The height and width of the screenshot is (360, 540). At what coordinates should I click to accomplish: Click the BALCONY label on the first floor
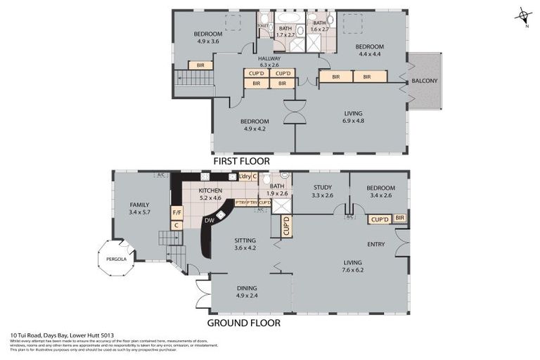[x=424, y=81]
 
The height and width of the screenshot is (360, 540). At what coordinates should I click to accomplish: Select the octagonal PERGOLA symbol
[x=114, y=259]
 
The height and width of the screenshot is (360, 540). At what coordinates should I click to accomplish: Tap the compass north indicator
[x=521, y=15]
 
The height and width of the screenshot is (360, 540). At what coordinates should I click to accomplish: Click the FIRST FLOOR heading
[x=242, y=161]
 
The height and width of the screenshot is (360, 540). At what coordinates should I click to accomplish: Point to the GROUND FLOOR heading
[x=243, y=323]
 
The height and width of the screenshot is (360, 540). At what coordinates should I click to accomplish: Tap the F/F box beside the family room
[x=176, y=212]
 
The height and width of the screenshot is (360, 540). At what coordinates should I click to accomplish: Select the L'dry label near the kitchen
[x=245, y=176]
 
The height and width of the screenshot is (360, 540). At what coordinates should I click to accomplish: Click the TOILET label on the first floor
[x=263, y=27]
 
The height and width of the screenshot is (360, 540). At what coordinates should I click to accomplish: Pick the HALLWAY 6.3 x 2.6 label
[x=269, y=62]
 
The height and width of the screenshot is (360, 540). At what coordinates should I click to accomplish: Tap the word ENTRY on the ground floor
[x=376, y=244]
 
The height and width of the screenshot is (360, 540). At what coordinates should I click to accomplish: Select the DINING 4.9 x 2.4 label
[x=247, y=291]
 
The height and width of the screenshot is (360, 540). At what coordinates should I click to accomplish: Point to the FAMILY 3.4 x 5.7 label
[x=141, y=207]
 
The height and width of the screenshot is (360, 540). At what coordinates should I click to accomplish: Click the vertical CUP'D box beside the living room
[x=286, y=226]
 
